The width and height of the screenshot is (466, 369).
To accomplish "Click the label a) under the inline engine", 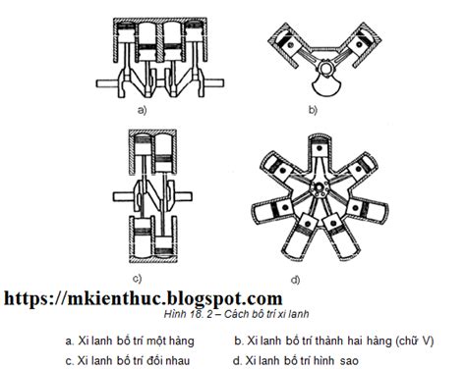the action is coord(142,110).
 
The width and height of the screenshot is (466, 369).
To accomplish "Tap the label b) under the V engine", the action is coord(313,110).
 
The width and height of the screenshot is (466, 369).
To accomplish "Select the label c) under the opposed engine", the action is coord(138,279).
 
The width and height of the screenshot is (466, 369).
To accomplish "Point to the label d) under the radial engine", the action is coord(295,280).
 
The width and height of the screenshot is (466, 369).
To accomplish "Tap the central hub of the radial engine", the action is coord(319,188).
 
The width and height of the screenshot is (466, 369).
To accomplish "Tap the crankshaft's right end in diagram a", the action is coord(214,82).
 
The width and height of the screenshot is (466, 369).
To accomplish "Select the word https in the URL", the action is coord(27,299).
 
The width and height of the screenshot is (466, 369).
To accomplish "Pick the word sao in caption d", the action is coord(349,361).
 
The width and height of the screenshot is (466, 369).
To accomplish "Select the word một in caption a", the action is coord(156,342).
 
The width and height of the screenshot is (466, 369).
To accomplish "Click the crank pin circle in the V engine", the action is coord(326,68).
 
